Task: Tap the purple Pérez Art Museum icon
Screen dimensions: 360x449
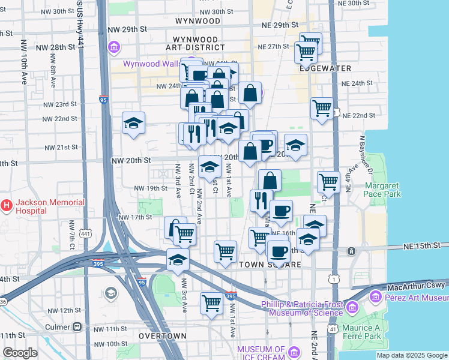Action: tap(376, 296)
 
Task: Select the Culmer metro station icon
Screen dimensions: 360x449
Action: tap(77, 328)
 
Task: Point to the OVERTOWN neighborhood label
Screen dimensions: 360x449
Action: tap(162, 337)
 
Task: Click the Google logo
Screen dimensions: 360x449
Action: tap(20, 353)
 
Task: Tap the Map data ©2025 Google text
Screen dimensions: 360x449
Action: tap(411, 355)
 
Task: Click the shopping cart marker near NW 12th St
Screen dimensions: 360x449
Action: tap(212, 304)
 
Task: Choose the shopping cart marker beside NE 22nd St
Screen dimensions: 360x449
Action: tap(322, 109)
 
